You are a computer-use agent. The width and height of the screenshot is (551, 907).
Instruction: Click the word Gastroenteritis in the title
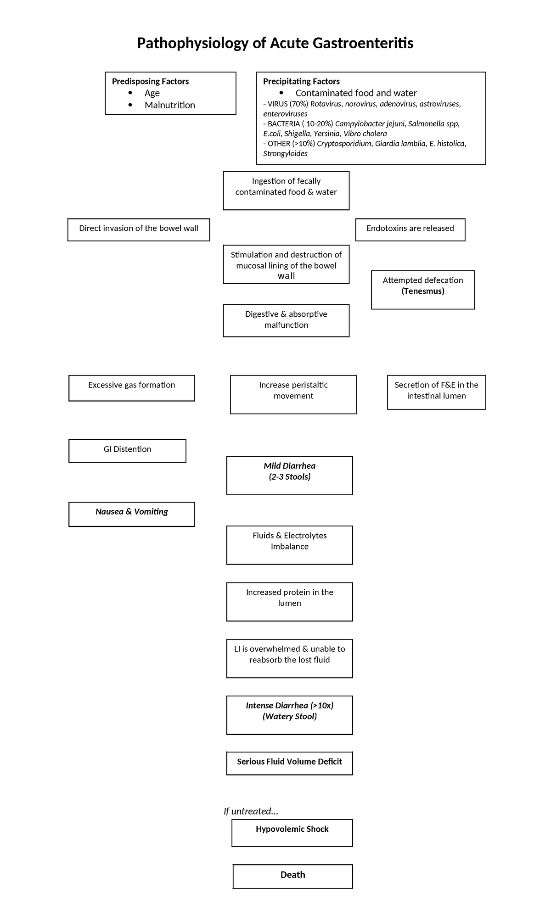[x=363, y=43]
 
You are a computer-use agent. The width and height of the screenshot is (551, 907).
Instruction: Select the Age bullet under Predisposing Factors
[x=152, y=93]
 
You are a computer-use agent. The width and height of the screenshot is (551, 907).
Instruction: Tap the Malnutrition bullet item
[x=169, y=105]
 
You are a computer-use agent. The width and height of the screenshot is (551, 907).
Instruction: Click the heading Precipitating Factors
[x=301, y=81]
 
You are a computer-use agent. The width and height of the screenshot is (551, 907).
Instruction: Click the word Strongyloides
[x=285, y=153]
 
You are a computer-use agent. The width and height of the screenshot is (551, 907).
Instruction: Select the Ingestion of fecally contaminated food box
[x=286, y=190]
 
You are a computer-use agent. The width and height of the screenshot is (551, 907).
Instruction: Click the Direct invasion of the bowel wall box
[x=139, y=229]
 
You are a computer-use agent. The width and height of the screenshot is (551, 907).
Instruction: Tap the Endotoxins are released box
[x=410, y=229]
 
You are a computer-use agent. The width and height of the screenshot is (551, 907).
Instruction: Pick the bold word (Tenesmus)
[x=422, y=291]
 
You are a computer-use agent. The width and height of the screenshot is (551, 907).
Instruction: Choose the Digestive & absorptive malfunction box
[x=286, y=320]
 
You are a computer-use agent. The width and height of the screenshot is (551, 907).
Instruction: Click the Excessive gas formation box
[x=132, y=387]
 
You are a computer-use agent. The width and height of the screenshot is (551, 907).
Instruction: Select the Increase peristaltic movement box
[x=293, y=394]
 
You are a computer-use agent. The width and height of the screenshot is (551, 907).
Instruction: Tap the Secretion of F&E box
[x=436, y=392]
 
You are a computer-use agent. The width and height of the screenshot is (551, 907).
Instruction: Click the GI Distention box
[x=127, y=450]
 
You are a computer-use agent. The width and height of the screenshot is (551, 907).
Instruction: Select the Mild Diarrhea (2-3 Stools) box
[x=289, y=475]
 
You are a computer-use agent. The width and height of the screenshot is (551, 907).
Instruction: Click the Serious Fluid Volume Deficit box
[x=289, y=762]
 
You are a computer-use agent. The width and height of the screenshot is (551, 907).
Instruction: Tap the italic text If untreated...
[x=251, y=811]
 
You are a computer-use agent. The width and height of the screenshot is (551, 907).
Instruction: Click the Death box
[x=292, y=875]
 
